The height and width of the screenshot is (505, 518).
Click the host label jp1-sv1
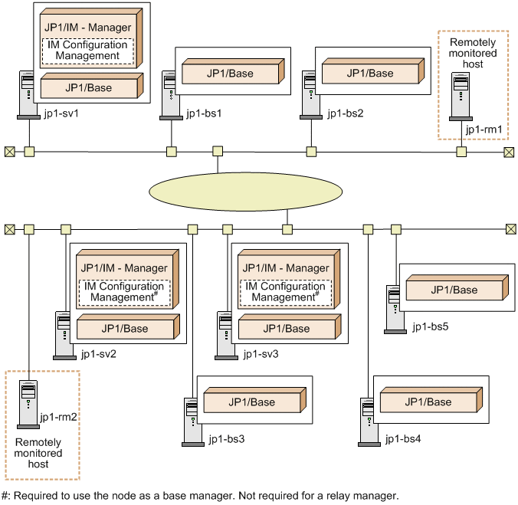click(x=61, y=113)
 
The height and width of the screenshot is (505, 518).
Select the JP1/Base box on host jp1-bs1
click(x=233, y=71)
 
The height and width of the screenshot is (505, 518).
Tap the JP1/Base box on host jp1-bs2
click(x=373, y=71)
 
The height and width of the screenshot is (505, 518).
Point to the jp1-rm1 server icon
click(x=461, y=97)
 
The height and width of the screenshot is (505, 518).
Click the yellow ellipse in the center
click(x=245, y=192)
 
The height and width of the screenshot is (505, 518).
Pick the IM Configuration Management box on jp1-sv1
click(x=87, y=51)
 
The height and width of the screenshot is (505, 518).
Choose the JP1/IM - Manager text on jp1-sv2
click(x=124, y=268)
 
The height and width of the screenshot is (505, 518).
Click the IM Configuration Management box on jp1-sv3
click(x=285, y=292)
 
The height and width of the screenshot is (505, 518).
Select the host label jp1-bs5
click(x=431, y=326)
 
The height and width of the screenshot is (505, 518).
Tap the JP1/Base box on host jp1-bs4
click(x=431, y=400)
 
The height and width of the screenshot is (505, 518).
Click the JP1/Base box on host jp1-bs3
click(x=254, y=400)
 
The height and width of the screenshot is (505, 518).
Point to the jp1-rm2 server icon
click(x=28, y=405)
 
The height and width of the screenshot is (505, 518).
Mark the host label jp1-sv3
click(x=261, y=354)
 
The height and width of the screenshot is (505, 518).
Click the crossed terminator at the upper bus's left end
click(x=10, y=152)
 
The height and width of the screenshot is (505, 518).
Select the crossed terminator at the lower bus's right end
click(x=511, y=229)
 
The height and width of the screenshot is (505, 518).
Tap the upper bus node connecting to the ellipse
click(x=218, y=151)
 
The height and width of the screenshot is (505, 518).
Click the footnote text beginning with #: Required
click(x=200, y=496)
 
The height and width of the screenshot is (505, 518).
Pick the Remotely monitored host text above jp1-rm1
click(x=473, y=53)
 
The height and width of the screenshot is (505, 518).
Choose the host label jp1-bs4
click(x=403, y=439)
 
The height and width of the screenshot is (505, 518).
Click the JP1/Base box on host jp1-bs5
click(x=457, y=287)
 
